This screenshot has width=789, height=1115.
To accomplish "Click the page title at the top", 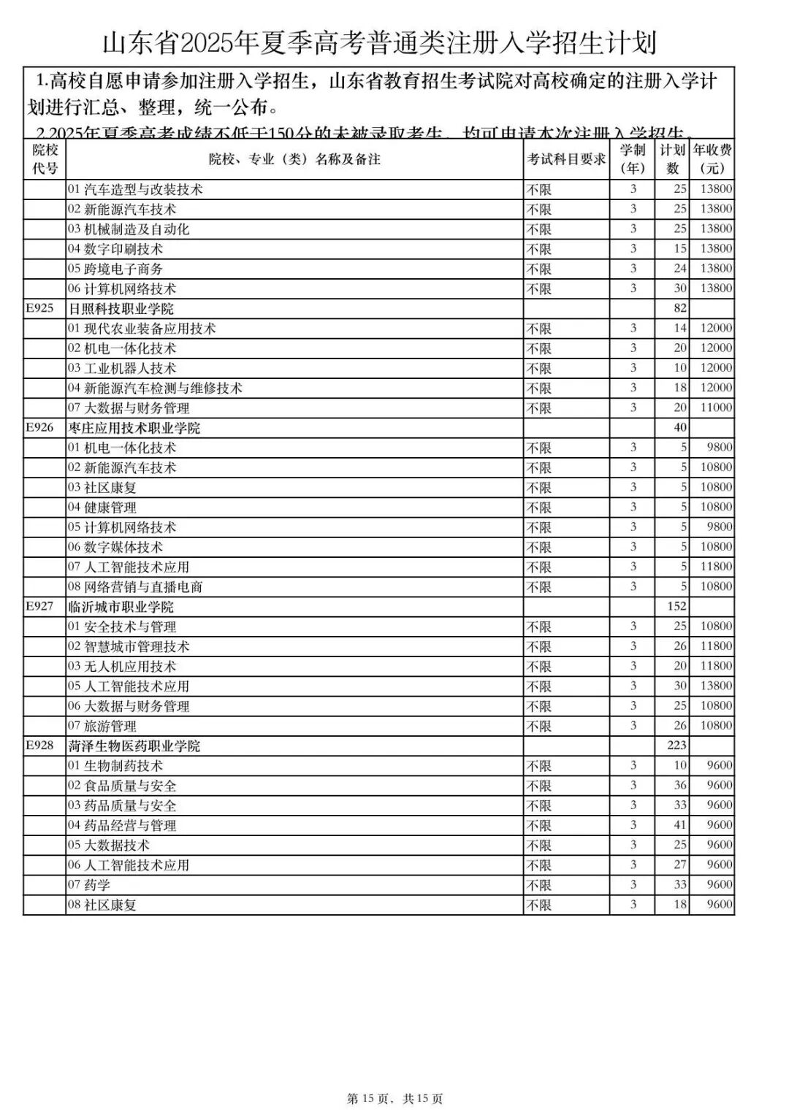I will pos(379,43).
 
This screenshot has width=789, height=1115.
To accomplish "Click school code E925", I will pos(40,308).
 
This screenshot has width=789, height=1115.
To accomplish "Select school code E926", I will pos(40,427).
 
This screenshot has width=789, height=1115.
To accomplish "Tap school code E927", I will pos(40,606).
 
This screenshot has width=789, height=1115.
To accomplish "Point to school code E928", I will pos(40,746).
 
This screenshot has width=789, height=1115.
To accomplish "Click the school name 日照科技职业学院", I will pos(121,309).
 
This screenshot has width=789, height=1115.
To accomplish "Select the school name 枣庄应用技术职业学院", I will pos(134,428).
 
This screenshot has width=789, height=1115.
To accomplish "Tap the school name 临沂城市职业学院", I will pos(121,607).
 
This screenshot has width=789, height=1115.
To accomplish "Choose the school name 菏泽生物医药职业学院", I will pos(134,746).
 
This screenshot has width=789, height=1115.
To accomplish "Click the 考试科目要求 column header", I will pos(567,159).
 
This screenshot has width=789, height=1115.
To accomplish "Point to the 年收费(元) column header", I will pos(712,159).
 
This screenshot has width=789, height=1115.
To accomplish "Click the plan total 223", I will pos(676,746).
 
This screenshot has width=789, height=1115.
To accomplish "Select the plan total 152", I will pos(676,606).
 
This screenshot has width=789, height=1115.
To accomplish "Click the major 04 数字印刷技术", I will pos(115,249).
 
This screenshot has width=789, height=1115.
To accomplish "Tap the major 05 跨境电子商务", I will pos(115,269).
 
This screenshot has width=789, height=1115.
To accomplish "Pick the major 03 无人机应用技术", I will pos(122,666).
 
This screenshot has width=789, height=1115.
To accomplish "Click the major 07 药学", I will pos(89,885).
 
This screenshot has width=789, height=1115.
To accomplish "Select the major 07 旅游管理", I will pos(102,726).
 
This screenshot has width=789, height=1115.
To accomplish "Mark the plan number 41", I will pos(679,825).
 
